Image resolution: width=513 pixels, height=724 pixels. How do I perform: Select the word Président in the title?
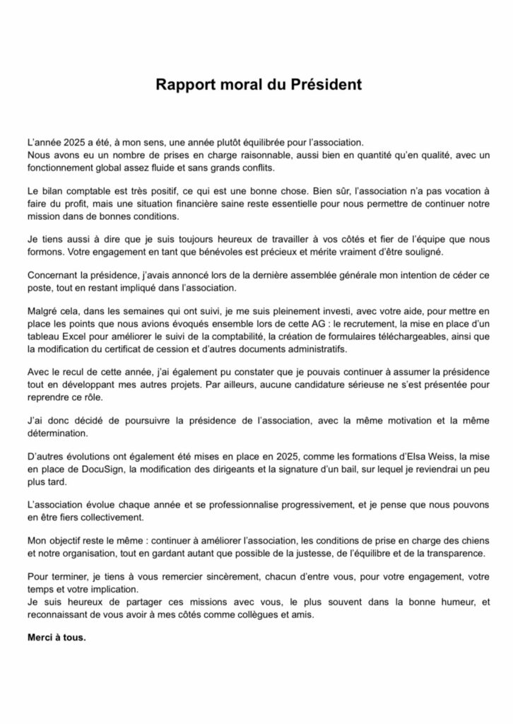(x=324, y=85)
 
